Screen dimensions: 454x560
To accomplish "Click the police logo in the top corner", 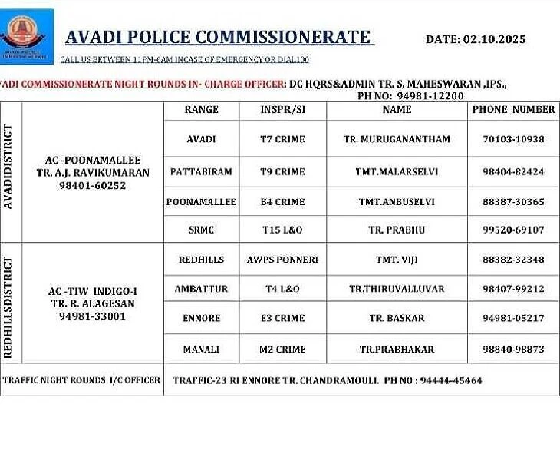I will tap(27, 35).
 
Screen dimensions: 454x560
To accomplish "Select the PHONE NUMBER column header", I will tap(513, 110).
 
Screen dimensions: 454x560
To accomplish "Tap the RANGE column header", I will tap(202, 110).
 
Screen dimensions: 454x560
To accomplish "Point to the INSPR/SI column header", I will tap(282, 110).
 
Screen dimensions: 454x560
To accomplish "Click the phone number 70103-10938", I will tap(513, 139).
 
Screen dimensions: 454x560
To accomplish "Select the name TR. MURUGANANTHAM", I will tap(397, 139).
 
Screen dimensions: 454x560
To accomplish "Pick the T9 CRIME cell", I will tap(282, 171).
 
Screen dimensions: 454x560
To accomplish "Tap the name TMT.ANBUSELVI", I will tap(397, 202).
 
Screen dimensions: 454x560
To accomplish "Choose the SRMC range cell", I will tap(202, 230).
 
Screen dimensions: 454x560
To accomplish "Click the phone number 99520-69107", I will tap(513, 230).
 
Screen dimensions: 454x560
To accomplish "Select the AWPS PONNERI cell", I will tap(282, 260).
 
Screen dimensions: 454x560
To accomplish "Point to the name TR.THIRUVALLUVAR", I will tap(397, 289).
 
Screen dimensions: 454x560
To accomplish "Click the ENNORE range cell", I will tap(201, 318).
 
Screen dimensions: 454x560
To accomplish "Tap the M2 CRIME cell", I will tap(282, 349).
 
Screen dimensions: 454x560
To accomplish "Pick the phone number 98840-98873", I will tap(513, 349).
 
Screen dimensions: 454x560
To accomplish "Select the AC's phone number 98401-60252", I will tap(93, 186).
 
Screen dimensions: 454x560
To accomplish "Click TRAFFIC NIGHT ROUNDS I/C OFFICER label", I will tap(81, 380).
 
